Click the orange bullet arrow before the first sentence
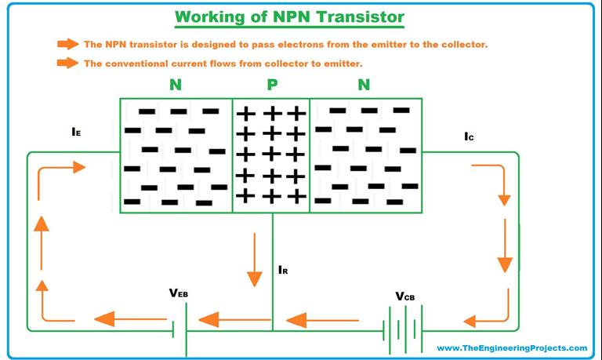[68, 45]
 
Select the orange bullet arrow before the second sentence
[68, 64]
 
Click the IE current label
[76, 133]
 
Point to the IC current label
[469, 136]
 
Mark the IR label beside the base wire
[284, 270]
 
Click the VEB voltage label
[178, 293]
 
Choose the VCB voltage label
[404, 296]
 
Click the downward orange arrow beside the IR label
[254, 260]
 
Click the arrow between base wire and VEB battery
[224, 320]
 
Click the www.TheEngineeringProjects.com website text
[511, 347]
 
